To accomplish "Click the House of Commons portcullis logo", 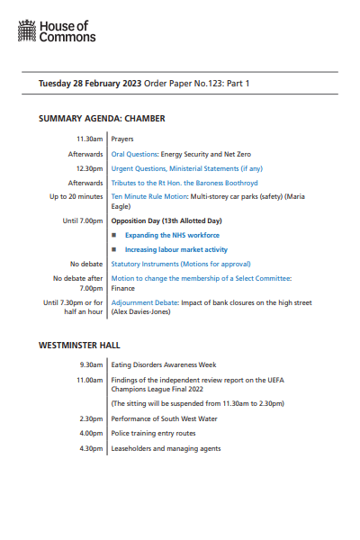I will (x=27, y=32).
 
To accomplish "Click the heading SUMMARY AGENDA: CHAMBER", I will (x=102, y=118).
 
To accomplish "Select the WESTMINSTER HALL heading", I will (x=79, y=345).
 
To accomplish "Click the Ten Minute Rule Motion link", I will (x=148, y=196).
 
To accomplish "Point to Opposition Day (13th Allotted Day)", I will (x=166, y=220).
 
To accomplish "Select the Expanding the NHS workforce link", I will (x=173, y=235).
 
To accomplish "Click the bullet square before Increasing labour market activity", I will (x=114, y=249).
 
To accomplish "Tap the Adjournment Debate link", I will (x=144, y=303).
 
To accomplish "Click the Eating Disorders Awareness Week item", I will (x=166, y=366).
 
